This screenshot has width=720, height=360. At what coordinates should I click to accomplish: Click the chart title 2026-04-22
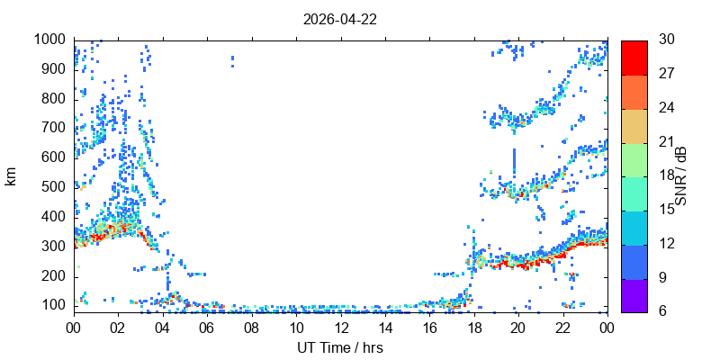point(340,19)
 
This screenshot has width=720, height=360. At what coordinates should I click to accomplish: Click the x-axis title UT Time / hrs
point(340,348)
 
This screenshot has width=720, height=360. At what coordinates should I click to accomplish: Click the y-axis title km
point(11,176)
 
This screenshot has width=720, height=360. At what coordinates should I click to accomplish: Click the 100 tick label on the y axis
point(57,307)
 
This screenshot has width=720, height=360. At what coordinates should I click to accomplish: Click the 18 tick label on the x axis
point(474,329)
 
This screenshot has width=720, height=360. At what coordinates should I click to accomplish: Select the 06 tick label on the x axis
point(207,329)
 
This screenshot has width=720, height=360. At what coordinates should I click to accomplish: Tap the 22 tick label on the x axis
point(563,329)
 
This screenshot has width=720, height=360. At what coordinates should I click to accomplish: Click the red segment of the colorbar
point(634,58)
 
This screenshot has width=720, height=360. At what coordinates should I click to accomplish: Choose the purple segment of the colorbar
point(634,296)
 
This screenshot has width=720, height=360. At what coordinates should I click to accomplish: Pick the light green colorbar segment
point(634,160)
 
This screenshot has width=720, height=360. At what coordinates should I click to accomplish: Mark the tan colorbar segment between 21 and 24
point(634,126)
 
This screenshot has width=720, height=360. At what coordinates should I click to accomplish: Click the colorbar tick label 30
point(667,40)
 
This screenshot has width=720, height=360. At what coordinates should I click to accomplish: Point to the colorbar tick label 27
point(667,74)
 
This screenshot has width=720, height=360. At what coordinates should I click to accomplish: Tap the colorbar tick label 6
point(663,310)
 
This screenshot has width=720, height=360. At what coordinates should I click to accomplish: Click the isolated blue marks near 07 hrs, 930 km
point(232,61)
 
